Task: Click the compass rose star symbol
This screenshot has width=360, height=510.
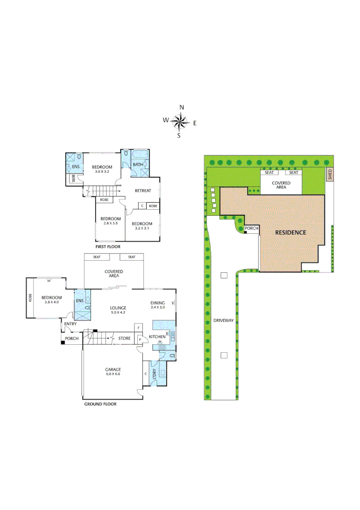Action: click(179, 122)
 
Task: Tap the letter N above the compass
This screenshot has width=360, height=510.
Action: click(182, 108)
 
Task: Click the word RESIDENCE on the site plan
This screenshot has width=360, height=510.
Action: click(291, 232)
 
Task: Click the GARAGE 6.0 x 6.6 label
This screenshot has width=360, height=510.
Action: click(113, 372)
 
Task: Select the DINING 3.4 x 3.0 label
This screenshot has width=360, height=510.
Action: click(158, 305)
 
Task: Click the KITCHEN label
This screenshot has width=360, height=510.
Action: click(157, 337)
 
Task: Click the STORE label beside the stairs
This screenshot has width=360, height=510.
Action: click(125, 338)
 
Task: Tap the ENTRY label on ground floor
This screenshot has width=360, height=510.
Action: click(70, 323)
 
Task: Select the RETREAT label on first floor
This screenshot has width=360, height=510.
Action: click(143, 191)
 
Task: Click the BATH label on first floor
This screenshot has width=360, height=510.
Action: click(137, 165)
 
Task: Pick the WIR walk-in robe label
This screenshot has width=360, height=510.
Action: click(74, 178)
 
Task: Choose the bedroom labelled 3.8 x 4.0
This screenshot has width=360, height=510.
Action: click(50, 299)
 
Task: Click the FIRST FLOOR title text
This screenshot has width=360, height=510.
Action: click(108, 246)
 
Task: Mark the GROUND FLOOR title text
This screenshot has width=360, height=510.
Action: click(100, 404)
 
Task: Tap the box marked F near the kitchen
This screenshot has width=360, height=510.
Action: click(139, 327)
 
